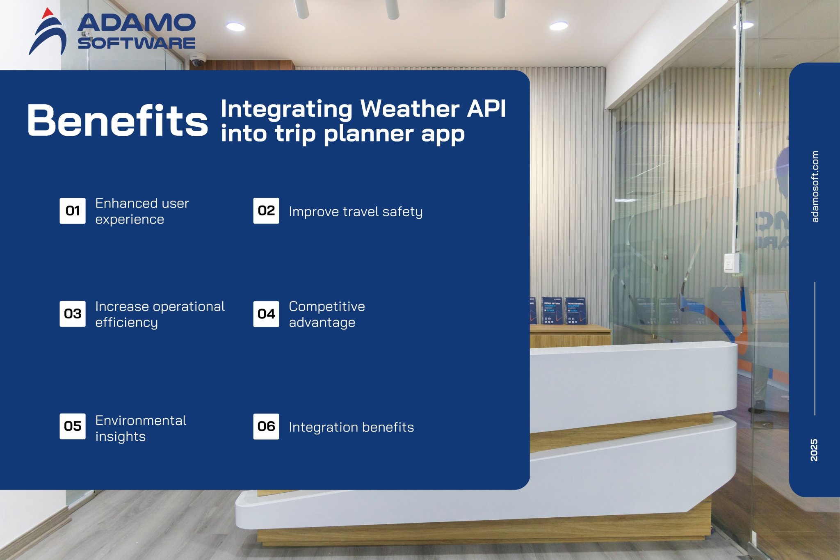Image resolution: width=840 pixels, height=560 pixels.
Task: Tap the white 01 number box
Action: click(x=73, y=211)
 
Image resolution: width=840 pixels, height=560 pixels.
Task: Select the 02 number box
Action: click(x=266, y=211)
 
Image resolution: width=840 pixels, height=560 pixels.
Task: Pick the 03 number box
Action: click(x=73, y=314)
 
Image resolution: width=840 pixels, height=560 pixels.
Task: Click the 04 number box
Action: click(x=266, y=314)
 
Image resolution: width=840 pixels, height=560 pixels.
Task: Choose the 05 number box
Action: click(x=73, y=426)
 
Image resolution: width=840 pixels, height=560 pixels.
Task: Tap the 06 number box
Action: click(x=266, y=426)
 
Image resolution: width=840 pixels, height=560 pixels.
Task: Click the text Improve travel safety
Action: click(x=355, y=212)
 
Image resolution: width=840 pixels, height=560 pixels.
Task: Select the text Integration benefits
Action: click(x=351, y=427)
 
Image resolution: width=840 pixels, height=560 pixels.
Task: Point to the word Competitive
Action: click(x=327, y=306)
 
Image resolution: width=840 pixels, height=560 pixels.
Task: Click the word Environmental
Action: click(x=141, y=421)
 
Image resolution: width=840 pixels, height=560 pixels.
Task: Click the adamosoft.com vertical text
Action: click(x=815, y=187)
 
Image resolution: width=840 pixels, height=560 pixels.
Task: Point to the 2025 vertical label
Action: click(x=814, y=450)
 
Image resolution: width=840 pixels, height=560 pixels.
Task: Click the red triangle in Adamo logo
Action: click(x=48, y=13)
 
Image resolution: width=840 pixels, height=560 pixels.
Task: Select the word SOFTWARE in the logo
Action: click(x=137, y=43)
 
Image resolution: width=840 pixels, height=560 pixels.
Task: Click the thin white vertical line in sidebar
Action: click(x=815, y=349)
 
